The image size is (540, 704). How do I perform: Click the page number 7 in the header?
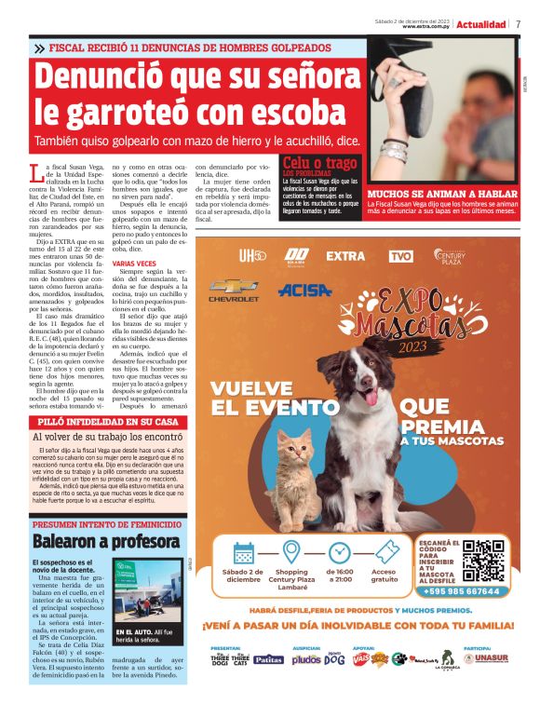pyautogui.click(x=518, y=24)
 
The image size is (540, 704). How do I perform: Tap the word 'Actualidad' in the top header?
pyautogui.click(x=481, y=24)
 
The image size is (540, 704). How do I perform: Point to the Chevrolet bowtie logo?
pyautogui.click(x=234, y=288)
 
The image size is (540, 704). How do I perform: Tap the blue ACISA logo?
pyautogui.click(x=304, y=290)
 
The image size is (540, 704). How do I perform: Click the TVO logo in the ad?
pyautogui.click(x=400, y=255)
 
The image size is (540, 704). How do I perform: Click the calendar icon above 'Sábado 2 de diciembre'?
pyautogui.click(x=244, y=552)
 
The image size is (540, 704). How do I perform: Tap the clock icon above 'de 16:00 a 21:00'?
pyautogui.click(x=339, y=552)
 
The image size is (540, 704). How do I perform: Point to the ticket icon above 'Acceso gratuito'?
pyautogui.click(x=384, y=552)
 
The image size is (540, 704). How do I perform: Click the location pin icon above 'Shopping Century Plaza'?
pyautogui.click(x=291, y=551)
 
